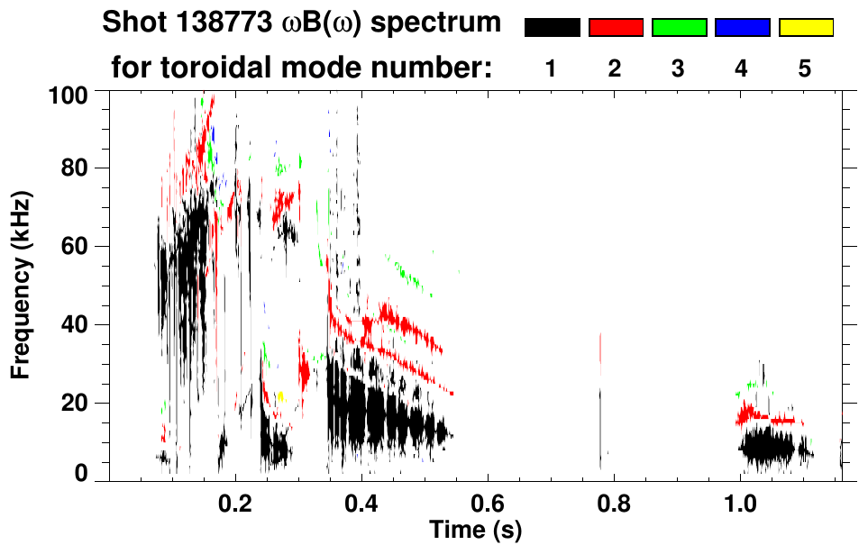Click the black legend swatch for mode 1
pyautogui.click(x=552, y=28)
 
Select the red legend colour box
pyautogui.click(x=616, y=28)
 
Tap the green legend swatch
pyautogui.click(x=679, y=28)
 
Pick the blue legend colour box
pyautogui.click(x=742, y=28)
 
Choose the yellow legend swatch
pyautogui.click(x=805, y=28)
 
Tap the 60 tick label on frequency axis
pyautogui.click(x=76, y=246)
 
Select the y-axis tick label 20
pyautogui.click(x=76, y=403)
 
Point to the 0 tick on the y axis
pyautogui.click(x=81, y=473)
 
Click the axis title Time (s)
pyautogui.click(x=475, y=528)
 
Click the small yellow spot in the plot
pyautogui.click(x=280, y=395)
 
